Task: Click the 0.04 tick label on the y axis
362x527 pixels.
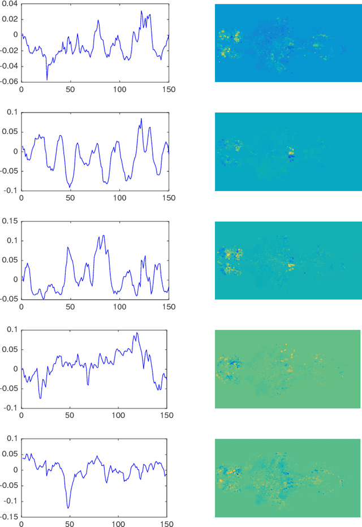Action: (10, 4)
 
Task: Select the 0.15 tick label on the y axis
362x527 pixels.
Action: (10, 221)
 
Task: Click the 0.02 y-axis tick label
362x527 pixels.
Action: (10, 19)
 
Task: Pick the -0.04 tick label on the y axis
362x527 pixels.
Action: (8, 66)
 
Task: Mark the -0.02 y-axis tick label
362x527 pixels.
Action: (8, 50)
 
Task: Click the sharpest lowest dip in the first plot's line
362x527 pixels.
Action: (47, 79)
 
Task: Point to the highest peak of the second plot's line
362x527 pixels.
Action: (141, 119)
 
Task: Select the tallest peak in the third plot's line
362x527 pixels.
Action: (103, 235)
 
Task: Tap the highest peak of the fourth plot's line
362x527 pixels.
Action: (136, 333)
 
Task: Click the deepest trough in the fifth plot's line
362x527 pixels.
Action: (68, 508)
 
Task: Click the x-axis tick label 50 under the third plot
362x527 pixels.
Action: (70, 306)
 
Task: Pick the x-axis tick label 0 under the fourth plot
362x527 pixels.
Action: (21, 416)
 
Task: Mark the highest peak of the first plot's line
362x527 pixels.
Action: (141, 11)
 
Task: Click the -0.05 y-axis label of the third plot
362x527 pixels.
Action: (8, 299)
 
